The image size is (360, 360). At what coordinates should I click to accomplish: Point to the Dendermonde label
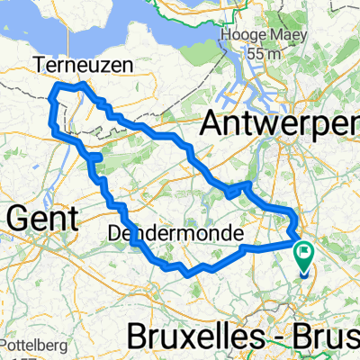(175, 233)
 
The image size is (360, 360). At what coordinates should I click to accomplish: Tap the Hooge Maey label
(266, 36)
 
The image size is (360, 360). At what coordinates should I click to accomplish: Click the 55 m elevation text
(265, 53)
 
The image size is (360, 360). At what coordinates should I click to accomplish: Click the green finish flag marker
(305, 261)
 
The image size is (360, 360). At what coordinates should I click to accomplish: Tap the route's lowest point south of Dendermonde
(184, 273)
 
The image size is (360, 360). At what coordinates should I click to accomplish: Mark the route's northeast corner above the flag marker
(293, 211)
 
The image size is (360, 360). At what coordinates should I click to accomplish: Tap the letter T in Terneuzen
(41, 63)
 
